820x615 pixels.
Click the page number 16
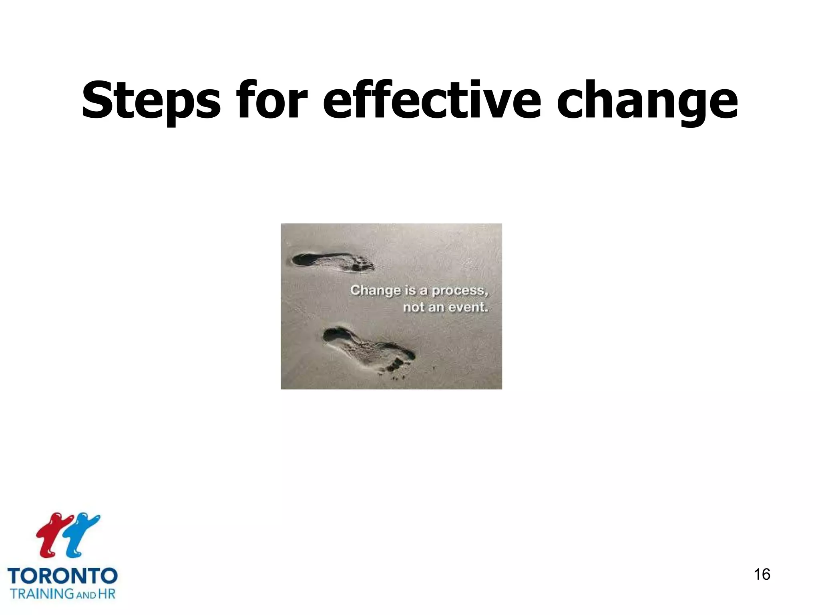[x=762, y=574]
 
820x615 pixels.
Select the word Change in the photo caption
[x=375, y=291]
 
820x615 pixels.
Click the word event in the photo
[x=468, y=307]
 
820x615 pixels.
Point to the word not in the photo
[x=414, y=307]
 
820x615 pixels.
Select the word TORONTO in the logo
[x=62, y=576]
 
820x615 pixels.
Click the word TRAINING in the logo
[x=42, y=594]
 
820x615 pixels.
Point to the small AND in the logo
[x=86, y=595]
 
